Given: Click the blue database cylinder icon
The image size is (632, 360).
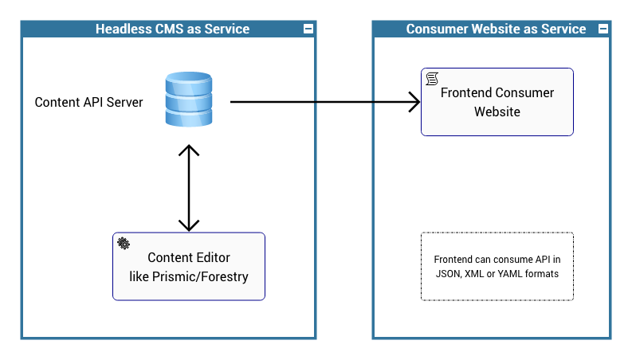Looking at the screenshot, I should click(x=189, y=100).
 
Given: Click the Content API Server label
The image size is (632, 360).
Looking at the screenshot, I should click(x=88, y=103).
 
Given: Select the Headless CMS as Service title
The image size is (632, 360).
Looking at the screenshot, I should click(x=172, y=29).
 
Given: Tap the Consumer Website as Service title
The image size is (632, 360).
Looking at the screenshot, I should click(x=496, y=29).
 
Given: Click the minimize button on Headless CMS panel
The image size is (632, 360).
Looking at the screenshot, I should click(x=308, y=29).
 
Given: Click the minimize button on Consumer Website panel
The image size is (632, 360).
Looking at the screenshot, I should click(x=603, y=29).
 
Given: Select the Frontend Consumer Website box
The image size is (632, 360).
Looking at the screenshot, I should click(x=497, y=102).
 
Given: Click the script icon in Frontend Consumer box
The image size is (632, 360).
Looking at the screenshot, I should click(x=432, y=78).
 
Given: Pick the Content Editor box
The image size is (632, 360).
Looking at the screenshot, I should click(x=189, y=267).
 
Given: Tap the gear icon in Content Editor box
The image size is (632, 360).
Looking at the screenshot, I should click(x=124, y=243).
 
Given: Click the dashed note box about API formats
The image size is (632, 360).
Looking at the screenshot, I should click(x=497, y=267).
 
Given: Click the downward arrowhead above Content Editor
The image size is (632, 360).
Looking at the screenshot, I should click(x=189, y=225).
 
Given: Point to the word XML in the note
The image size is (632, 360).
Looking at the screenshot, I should click(x=475, y=273).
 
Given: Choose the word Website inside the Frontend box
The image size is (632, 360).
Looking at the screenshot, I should click(x=497, y=112).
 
